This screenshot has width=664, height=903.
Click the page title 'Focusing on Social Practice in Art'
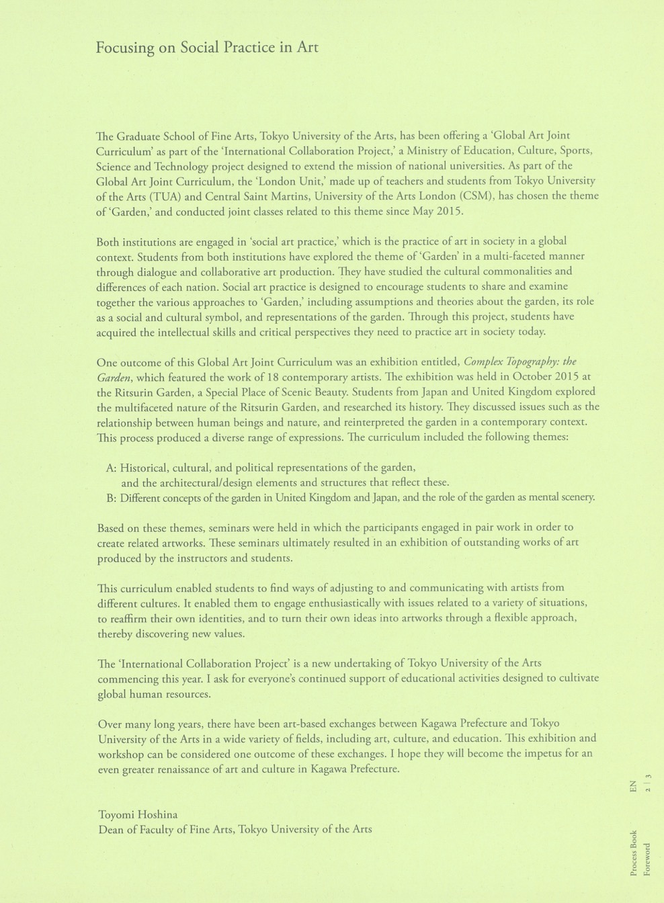click(x=207, y=48)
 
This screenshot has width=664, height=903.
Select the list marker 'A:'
click(x=112, y=468)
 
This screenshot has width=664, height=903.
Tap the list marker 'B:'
click(x=112, y=498)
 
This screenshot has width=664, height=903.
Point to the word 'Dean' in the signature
click(x=110, y=829)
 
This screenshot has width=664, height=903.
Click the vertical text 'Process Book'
click(x=633, y=853)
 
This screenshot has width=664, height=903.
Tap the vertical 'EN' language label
click(x=633, y=787)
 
